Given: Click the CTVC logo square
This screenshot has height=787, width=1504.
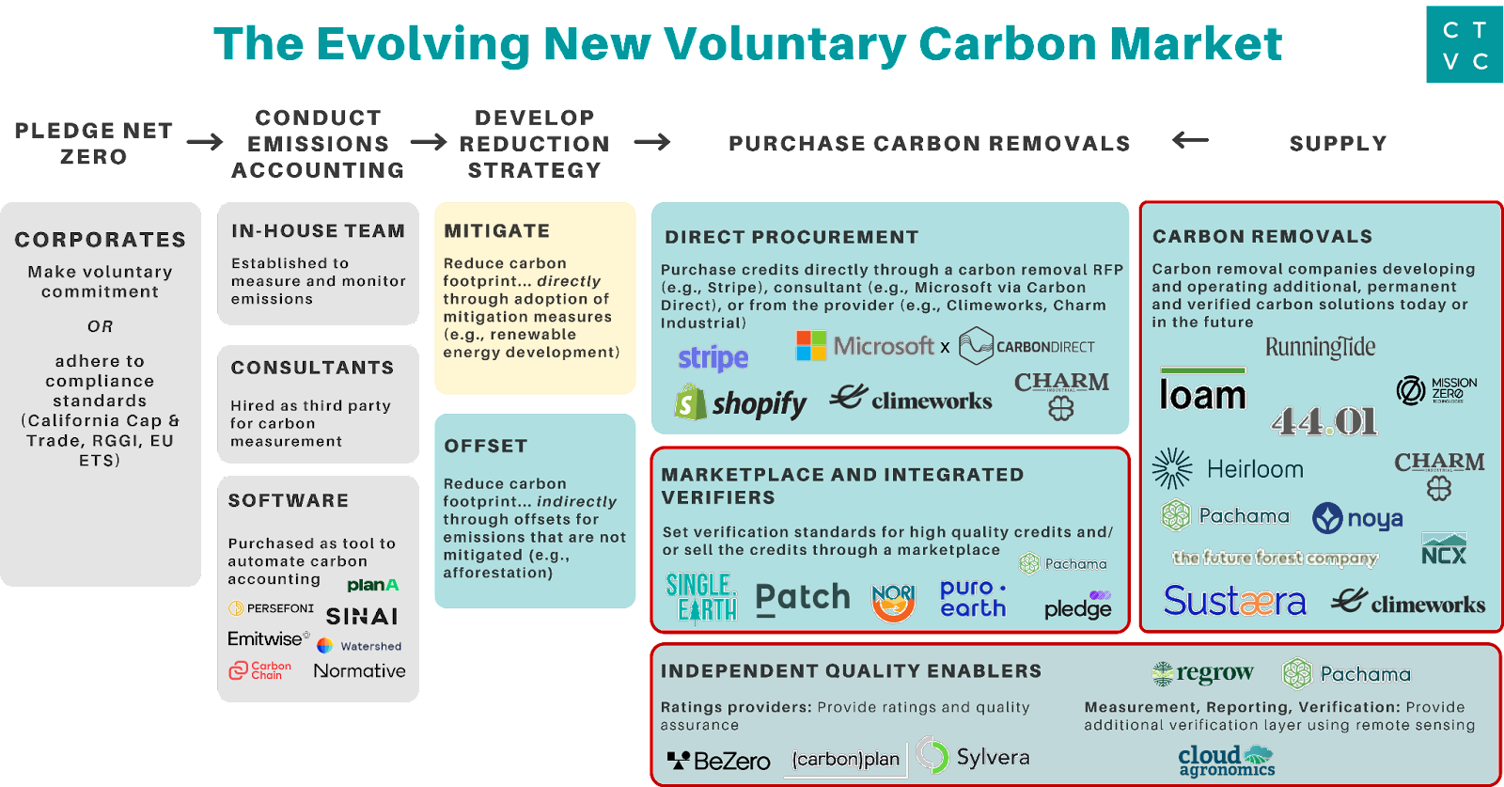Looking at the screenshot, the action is tap(1465, 44).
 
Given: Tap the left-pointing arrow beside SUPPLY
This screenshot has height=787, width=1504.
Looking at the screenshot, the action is tap(1190, 140).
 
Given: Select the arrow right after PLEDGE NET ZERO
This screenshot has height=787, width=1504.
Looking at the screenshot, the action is tap(205, 142).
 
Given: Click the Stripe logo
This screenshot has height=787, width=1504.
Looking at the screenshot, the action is tap(713, 358).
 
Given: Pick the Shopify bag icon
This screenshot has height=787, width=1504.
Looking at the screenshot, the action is tap(690, 402).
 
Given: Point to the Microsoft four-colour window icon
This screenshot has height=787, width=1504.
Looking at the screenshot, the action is tap(811, 346).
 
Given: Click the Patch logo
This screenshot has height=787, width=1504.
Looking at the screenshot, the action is tap(803, 598).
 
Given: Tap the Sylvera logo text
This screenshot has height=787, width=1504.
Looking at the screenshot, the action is tap(993, 757).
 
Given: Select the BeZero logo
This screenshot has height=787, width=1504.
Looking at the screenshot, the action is tap(718, 761).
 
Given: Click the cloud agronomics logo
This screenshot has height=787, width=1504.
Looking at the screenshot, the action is tap(1227, 761).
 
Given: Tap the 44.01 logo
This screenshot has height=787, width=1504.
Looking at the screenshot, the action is tap(1324, 421).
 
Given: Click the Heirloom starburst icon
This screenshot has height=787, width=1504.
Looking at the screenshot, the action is tap(1172, 468).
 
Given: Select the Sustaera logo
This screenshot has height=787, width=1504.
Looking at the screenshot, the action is tap(1235, 601).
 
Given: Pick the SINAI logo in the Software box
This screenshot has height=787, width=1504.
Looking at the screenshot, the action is tap(362, 617).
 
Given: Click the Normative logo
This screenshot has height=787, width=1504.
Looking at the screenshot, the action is tap(359, 670).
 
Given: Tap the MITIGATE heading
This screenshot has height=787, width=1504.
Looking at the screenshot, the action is tap(497, 231).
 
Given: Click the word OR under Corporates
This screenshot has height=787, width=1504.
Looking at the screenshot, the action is tap(100, 326).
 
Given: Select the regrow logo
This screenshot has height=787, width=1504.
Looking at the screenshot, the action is tap(1202, 673).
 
